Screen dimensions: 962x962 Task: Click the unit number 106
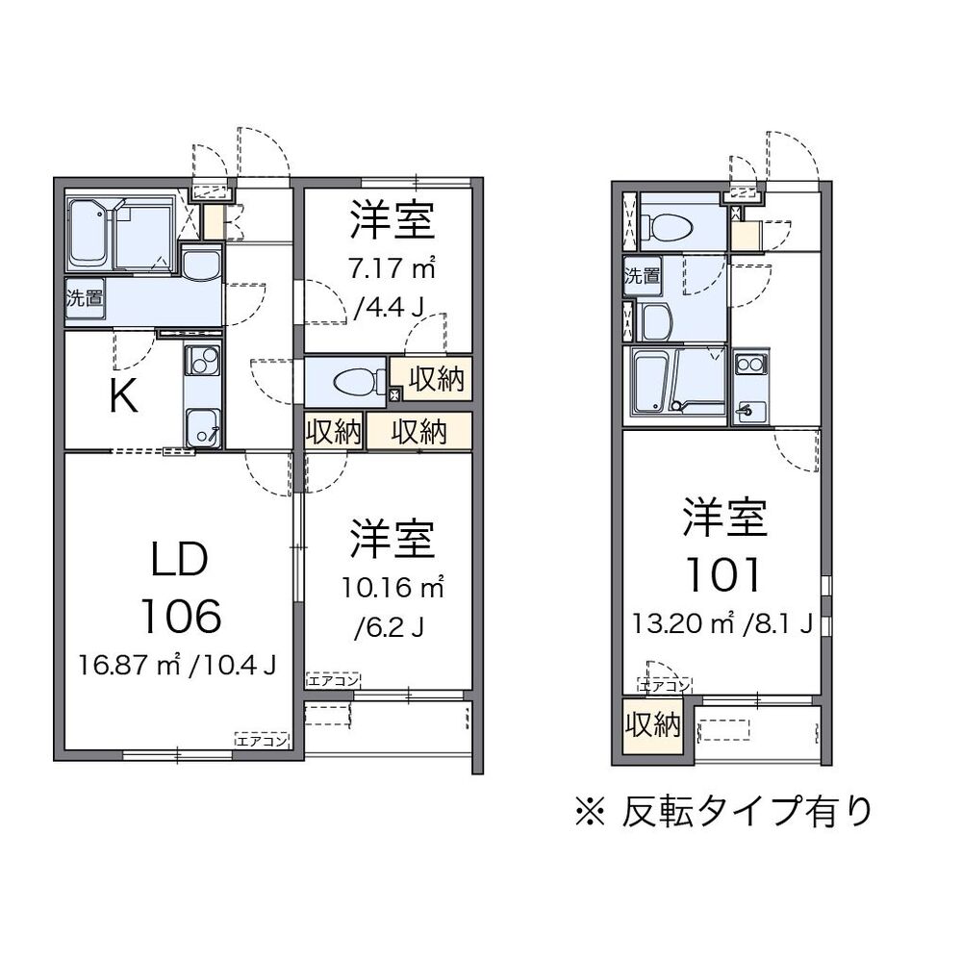tap(180, 615)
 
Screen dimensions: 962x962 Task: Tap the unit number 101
tap(723, 574)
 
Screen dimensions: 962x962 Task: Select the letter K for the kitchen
tap(122, 395)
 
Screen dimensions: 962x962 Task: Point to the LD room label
tap(180, 560)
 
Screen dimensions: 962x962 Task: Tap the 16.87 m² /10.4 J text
tap(179, 665)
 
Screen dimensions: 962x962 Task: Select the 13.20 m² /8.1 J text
tap(723, 622)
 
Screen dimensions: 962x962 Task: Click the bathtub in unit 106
tap(88, 235)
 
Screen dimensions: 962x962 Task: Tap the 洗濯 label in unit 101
tap(642, 276)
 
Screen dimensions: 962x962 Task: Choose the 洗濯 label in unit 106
tap(85, 297)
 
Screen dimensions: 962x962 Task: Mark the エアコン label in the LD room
tap(262, 740)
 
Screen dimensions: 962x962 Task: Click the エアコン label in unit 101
tap(665, 686)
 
